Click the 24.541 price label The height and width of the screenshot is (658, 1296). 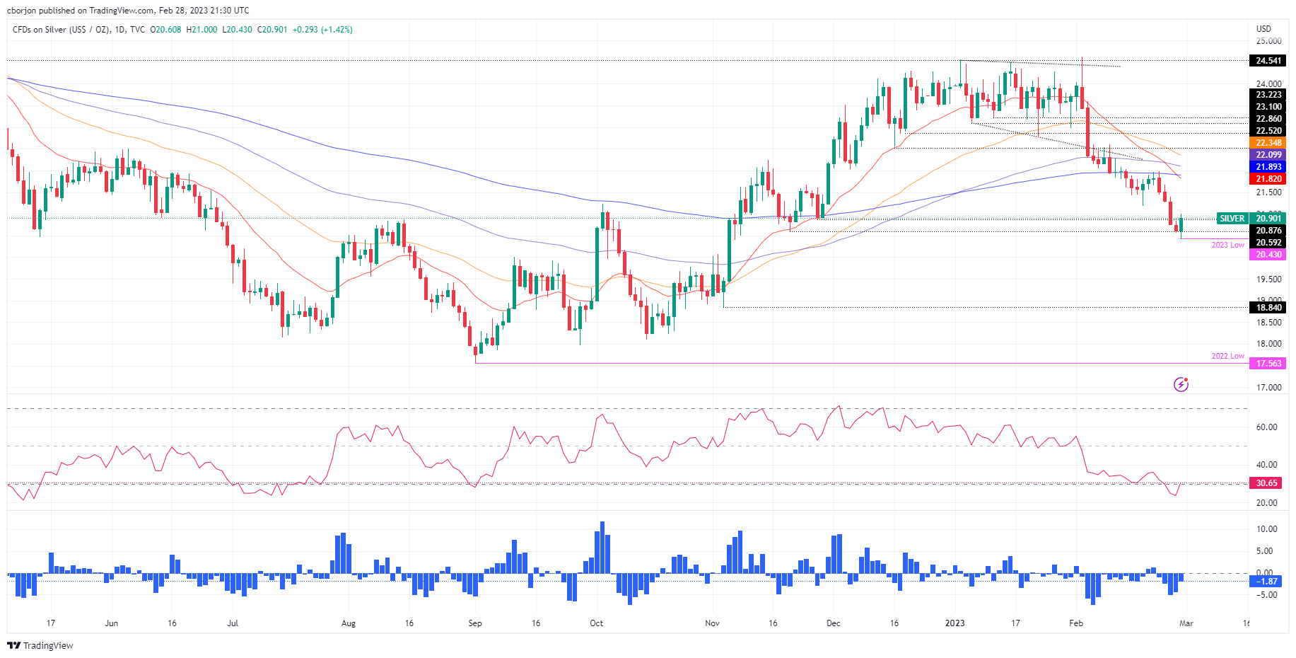(1268, 61)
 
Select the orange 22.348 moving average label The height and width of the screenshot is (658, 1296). (1268, 143)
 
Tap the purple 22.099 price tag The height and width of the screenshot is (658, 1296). (1268, 155)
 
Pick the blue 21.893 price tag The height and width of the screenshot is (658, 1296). (1268, 167)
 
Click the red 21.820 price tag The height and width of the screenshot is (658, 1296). (1268, 179)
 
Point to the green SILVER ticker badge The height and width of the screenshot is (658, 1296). (1232, 219)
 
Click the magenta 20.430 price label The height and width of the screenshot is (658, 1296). (1268, 255)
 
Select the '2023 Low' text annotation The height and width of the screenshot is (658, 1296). (1227, 245)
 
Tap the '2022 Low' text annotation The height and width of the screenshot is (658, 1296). (1227, 356)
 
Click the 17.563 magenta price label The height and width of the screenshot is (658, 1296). (1268, 364)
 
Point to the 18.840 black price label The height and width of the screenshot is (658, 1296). (1268, 308)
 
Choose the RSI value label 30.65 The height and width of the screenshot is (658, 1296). (1266, 483)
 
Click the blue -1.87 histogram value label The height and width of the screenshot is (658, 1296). (1266, 582)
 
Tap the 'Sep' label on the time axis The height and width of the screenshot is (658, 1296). (475, 623)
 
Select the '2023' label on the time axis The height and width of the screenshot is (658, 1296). (955, 623)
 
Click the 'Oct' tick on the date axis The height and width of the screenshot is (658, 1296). (597, 623)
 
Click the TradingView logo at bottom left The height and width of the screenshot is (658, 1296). (40, 645)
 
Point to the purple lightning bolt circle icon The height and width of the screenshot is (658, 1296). (1181, 384)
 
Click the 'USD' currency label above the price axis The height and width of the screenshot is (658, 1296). (1263, 29)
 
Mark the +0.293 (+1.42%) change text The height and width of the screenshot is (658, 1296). (322, 30)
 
